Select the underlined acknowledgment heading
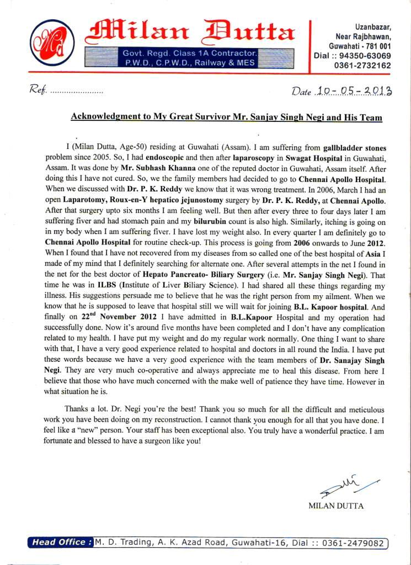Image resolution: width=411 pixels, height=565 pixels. pos(227,118)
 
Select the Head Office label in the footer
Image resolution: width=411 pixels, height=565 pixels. pos(60,543)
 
